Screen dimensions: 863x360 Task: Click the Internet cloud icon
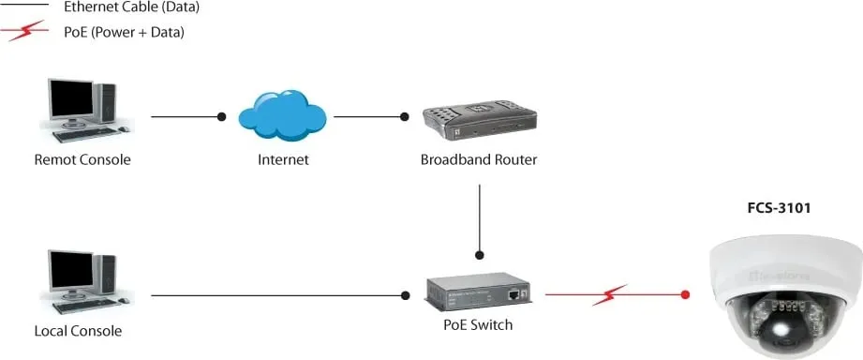282,115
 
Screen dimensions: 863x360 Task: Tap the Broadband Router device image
479,122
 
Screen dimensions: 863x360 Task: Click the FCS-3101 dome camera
785,292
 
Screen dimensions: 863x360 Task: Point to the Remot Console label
82,160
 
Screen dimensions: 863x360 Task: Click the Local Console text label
78,331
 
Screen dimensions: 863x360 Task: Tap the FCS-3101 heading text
779,208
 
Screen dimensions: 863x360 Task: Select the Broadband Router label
479,160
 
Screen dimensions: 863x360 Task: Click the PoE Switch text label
478,324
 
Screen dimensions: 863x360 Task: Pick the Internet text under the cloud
283,160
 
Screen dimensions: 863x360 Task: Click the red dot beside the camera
685,294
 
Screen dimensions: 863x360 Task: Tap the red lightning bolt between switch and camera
610,295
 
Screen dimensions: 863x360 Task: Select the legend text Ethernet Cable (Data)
131,7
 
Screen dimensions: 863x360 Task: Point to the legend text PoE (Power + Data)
124,33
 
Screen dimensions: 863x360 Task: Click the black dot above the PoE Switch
480,255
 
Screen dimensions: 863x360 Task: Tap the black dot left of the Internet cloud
221,116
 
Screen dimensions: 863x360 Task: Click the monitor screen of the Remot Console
71,99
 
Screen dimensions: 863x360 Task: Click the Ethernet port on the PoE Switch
515,294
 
